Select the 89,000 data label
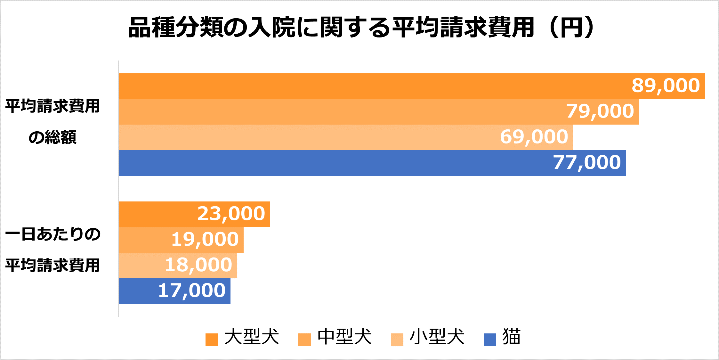pos(666,86)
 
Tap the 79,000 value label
pos(600,111)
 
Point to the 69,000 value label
pos(534,137)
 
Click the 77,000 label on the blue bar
pos(587,163)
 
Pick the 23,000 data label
pos(231,214)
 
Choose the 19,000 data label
pos(205,240)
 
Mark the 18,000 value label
pos(198,265)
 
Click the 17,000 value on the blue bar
pos(192,291)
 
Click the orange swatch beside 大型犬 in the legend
pos(212,340)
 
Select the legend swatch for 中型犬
pos(304,340)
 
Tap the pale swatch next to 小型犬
pos(397,340)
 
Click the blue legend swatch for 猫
pos(490,340)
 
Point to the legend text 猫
pos(512,337)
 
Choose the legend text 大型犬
pos(252,337)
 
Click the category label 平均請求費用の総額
pos(53,122)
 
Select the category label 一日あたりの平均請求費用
pos(53,250)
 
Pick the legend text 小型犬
pos(437,337)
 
